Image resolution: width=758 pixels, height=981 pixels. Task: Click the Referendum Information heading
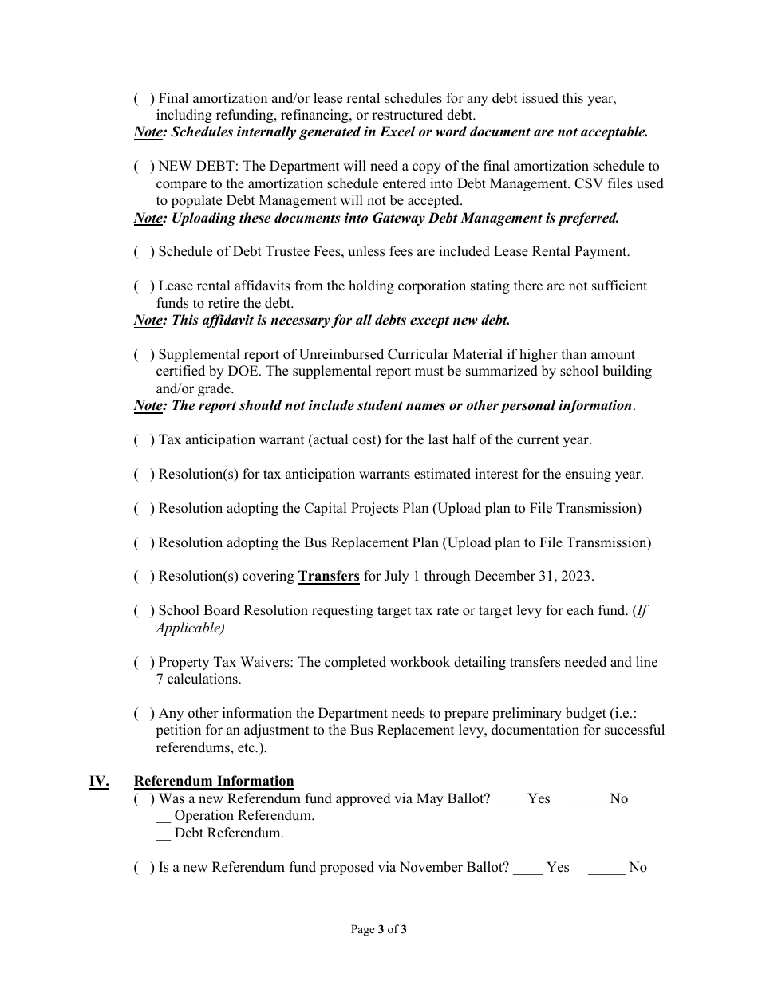pos(214,782)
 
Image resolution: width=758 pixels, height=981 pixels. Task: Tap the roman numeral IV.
pos(99,782)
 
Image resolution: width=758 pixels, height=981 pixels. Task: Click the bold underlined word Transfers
pos(329,577)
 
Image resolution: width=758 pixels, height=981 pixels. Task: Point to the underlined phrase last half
pos(451,440)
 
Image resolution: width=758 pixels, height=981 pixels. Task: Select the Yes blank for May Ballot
pos(508,799)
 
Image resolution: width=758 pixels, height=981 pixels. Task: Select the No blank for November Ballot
pos(606,868)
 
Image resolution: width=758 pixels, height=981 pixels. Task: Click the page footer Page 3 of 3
pos(379,929)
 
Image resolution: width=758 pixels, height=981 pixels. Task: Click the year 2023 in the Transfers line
pos(577,577)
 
